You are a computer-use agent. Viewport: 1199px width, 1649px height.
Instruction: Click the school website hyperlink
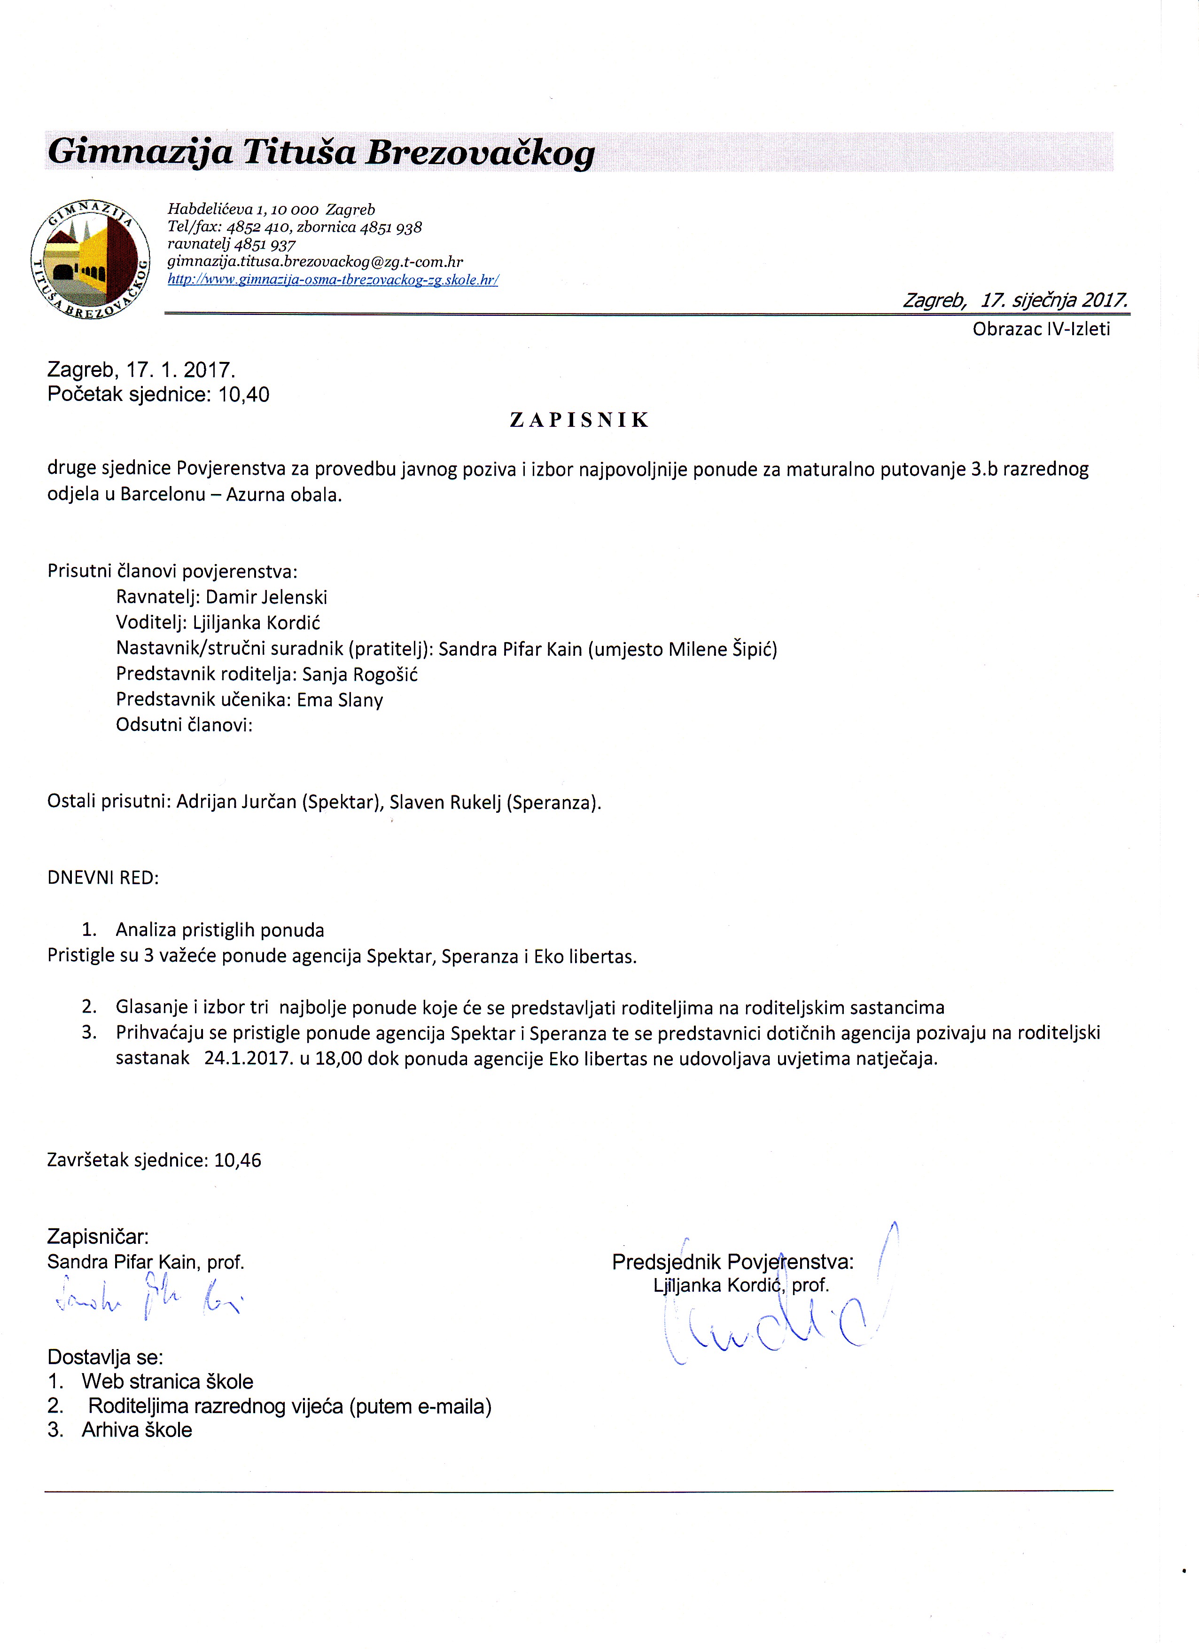pyautogui.click(x=333, y=279)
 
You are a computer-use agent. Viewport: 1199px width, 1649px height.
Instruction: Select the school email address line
pyautogui.click(x=315, y=262)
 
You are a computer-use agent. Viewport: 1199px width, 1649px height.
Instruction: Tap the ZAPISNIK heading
pyautogui.click(x=579, y=420)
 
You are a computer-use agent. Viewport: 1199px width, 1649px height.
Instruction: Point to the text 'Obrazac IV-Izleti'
pyautogui.click(x=1041, y=330)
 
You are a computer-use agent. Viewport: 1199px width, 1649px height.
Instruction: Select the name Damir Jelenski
pyautogui.click(x=267, y=597)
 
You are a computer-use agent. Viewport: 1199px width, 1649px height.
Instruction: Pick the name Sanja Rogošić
pyautogui.click(x=360, y=674)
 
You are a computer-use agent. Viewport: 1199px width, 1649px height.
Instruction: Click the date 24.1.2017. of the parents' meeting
pyautogui.click(x=249, y=1058)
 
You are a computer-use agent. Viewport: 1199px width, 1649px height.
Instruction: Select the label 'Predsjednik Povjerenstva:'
pyautogui.click(x=732, y=1262)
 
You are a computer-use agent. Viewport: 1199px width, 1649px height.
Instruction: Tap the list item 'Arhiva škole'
pyautogui.click(x=137, y=1429)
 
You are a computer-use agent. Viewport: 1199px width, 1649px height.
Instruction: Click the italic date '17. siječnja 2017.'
pyautogui.click(x=1054, y=300)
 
